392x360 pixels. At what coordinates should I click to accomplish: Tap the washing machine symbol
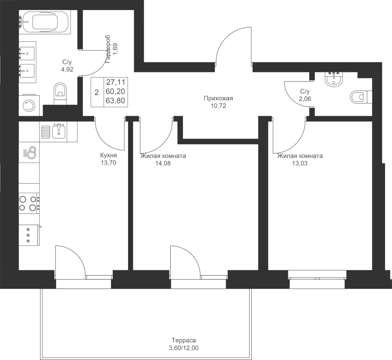tap(29, 106)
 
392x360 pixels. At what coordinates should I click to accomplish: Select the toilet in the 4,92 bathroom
tap(60, 93)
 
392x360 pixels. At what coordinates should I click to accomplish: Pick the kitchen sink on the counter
tap(58, 130)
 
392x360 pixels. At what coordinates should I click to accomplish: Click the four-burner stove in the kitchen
tap(29, 203)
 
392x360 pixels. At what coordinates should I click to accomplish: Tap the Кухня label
tap(108, 155)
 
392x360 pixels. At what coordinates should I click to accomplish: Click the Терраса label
tap(183, 341)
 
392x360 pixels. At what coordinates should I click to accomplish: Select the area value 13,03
tap(300, 164)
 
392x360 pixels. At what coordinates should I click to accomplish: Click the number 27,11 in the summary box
tap(114, 81)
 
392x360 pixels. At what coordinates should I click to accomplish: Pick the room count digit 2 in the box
tap(96, 92)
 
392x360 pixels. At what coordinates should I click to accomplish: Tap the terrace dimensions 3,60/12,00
tap(183, 348)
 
